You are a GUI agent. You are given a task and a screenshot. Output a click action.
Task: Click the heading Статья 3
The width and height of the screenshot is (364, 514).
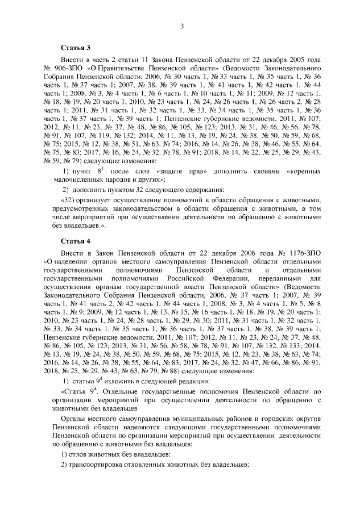point(76,45)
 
